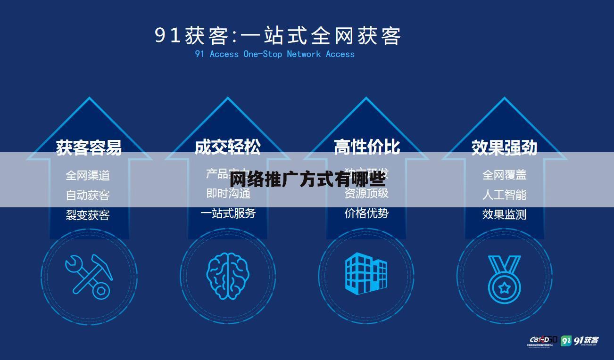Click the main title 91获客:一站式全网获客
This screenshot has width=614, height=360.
pos(278,36)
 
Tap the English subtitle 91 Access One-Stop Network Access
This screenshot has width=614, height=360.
pos(274,54)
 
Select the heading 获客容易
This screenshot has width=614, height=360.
pos(89,147)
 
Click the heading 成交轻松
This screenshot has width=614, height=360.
pos(227,147)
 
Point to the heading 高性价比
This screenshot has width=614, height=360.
pos(366,147)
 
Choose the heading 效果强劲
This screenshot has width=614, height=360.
pos(504,147)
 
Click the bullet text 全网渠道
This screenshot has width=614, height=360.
pos(88,175)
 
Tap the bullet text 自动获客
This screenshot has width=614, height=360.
pos(88,195)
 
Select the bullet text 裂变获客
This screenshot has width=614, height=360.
pos(88,215)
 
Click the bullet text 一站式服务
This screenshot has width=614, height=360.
pos(228,213)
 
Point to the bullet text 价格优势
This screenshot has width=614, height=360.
pos(366,213)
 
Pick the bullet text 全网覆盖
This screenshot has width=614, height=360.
pos(504,175)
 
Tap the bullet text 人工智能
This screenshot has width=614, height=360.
pos(504,195)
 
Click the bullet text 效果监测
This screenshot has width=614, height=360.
pos(504,214)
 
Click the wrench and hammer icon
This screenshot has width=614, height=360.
pos(89,277)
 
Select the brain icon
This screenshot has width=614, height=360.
pos(227,276)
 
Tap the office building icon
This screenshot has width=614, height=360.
pos(366,273)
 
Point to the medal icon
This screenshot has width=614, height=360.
pos(504,278)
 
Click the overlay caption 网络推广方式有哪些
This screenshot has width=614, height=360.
pos(307,180)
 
